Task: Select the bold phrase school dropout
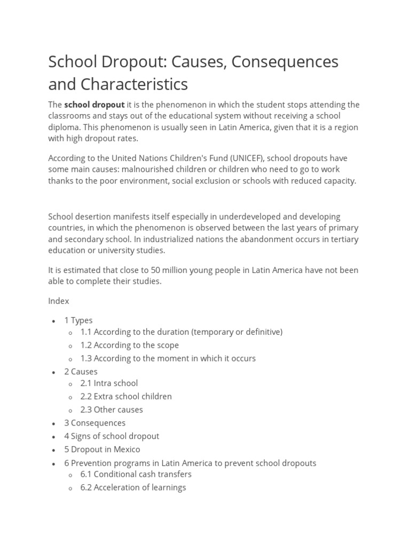tap(94, 105)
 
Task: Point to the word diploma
tap(63, 127)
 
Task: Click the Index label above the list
tap(59, 301)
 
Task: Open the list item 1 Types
tap(78, 320)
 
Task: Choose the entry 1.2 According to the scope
tap(130, 345)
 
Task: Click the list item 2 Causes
tap(81, 372)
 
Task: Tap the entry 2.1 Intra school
tap(109, 383)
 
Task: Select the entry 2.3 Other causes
tap(112, 409)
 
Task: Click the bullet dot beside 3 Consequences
tap(53, 424)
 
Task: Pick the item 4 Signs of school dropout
tap(112, 436)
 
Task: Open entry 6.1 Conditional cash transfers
tap(136, 474)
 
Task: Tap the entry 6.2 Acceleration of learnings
tap(133, 487)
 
